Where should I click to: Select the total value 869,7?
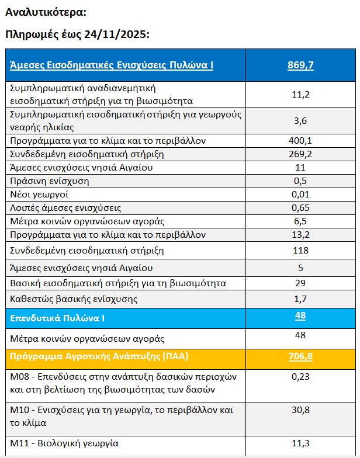coord(300,65)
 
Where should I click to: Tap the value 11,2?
coord(300,93)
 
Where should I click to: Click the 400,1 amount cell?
coord(300,141)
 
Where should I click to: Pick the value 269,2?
coord(300,154)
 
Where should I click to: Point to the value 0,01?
coord(300,194)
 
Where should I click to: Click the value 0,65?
coord(300,207)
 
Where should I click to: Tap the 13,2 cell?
coord(300,234)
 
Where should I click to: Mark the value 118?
coord(300,251)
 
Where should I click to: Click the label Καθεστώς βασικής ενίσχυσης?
coord(74,299)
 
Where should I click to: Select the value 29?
coord(300,283)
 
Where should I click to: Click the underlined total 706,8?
coord(300,356)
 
